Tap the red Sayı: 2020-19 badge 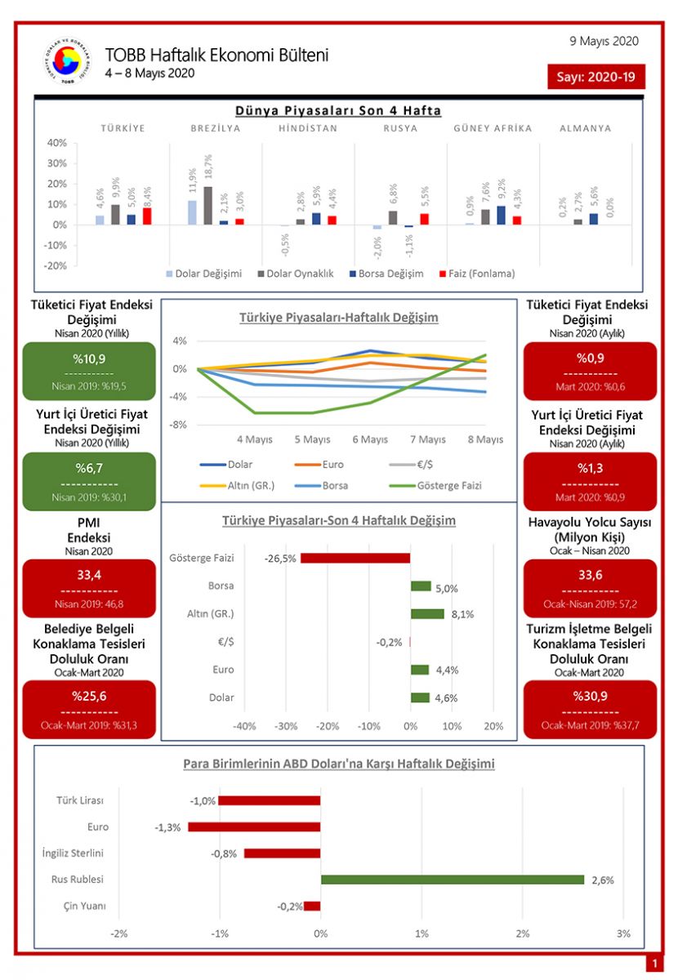[x=595, y=77]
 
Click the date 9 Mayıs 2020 [x=604, y=41]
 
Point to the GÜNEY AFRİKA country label [x=493, y=128]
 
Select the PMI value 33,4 [x=89, y=575]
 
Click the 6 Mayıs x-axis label [x=369, y=439]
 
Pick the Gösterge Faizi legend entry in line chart [x=440, y=485]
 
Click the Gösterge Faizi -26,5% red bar [x=355, y=559]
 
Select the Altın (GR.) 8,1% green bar [x=427, y=613]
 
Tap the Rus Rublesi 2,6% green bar [x=453, y=880]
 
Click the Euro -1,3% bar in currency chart [x=254, y=826]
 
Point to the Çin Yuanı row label [x=84, y=906]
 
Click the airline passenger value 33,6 [x=590, y=575]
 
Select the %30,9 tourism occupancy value [x=590, y=696]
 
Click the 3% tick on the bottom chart [x=623, y=933]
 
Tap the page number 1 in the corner [x=653, y=964]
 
